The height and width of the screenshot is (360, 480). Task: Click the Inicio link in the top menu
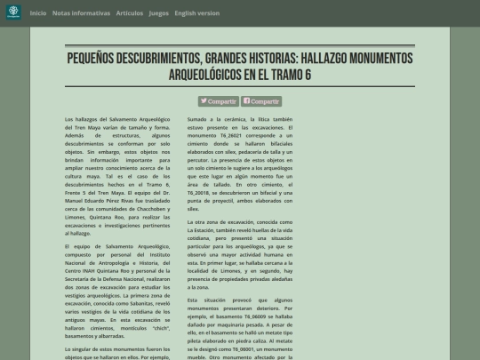(38, 13)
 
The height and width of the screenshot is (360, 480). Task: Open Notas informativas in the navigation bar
(82, 13)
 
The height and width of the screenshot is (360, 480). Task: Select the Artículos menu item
(129, 13)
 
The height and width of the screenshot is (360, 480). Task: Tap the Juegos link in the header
(158, 13)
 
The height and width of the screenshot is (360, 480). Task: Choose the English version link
(196, 13)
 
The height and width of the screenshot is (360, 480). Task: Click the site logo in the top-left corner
(13, 13)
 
